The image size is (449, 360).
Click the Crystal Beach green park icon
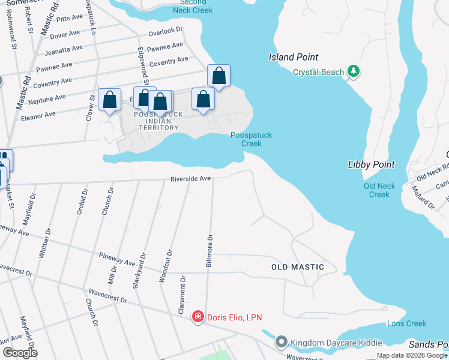click(354, 72)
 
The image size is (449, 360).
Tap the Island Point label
click(294, 57)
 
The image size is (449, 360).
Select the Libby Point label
click(371, 164)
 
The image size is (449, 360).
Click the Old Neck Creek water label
click(379, 190)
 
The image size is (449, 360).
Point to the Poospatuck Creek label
click(251, 139)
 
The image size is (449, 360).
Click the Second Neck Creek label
click(193, 6)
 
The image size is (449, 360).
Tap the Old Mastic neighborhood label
click(298, 267)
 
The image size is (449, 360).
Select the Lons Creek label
click(406, 323)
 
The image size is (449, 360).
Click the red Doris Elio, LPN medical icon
click(197, 317)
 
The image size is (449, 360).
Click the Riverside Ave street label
click(190, 179)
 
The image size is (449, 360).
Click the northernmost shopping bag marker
click(219, 76)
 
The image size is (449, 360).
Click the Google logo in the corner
click(20, 353)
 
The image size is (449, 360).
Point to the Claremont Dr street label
click(181, 295)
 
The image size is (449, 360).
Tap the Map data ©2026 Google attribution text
click(412, 355)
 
